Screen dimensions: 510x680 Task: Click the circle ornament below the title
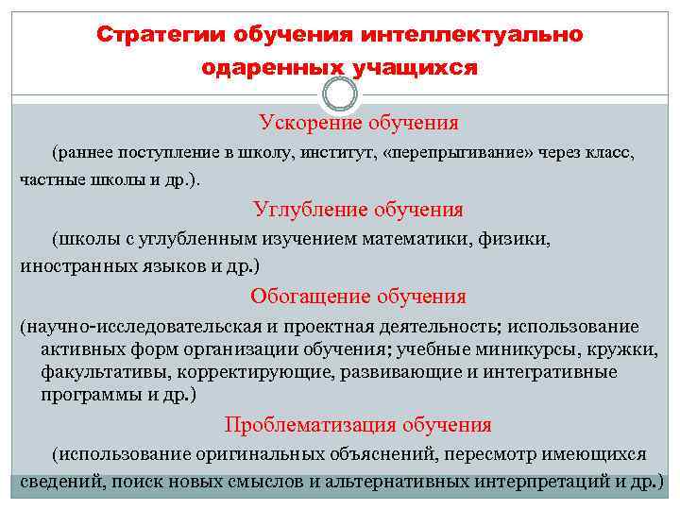point(340,93)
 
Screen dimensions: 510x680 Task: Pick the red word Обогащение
point(309,296)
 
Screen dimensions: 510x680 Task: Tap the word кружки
point(625,349)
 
